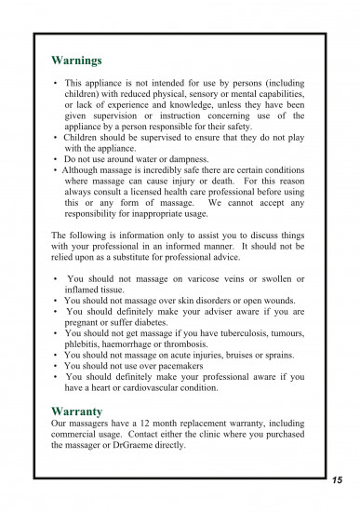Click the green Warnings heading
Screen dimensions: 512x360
tap(76, 61)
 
